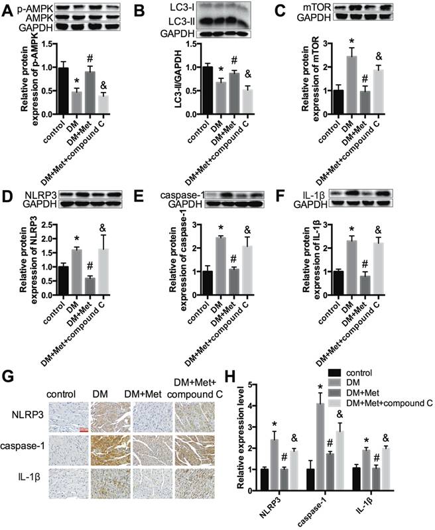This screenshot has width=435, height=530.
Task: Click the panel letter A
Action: coord(8,11)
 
